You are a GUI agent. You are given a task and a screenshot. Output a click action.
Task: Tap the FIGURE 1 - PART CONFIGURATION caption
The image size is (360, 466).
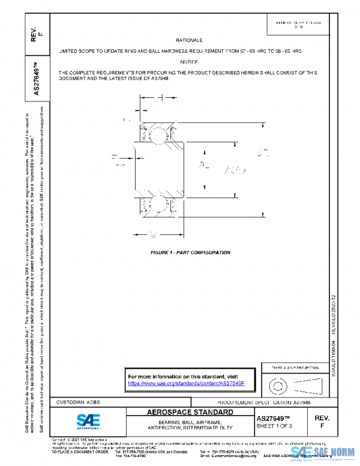pyautogui.click(x=190, y=253)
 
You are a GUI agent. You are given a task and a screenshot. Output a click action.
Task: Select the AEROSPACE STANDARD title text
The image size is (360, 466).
pyautogui.click(x=190, y=413)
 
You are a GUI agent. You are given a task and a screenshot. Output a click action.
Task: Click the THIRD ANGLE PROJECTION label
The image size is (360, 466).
pyautogui.click(x=293, y=367)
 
